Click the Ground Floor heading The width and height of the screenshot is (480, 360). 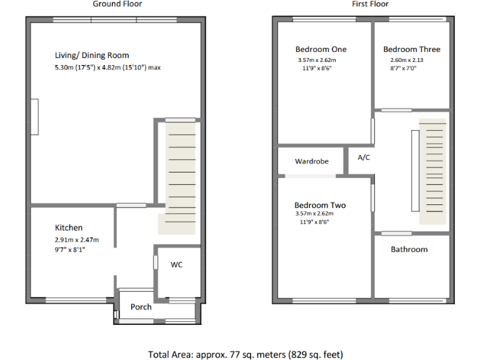(x=117, y=4)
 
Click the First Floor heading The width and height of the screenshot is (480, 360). (x=370, y=4)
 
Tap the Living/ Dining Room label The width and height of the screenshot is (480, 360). (x=92, y=56)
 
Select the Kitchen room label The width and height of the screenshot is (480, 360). (x=69, y=227)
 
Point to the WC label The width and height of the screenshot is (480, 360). (x=177, y=264)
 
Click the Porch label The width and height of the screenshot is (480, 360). (x=141, y=307)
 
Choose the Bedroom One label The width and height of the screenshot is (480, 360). (x=321, y=49)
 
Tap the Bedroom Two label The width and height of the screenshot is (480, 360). (x=320, y=205)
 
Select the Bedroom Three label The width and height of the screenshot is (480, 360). (x=411, y=49)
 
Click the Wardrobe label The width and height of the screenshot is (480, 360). (x=312, y=161)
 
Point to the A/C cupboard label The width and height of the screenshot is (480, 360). (x=364, y=157)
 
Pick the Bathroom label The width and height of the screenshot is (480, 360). (x=409, y=249)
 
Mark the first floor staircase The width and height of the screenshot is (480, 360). (x=432, y=172)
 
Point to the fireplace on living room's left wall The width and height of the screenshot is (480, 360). (x=36, y=117)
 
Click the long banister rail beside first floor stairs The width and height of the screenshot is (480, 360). (x=414, y=172)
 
